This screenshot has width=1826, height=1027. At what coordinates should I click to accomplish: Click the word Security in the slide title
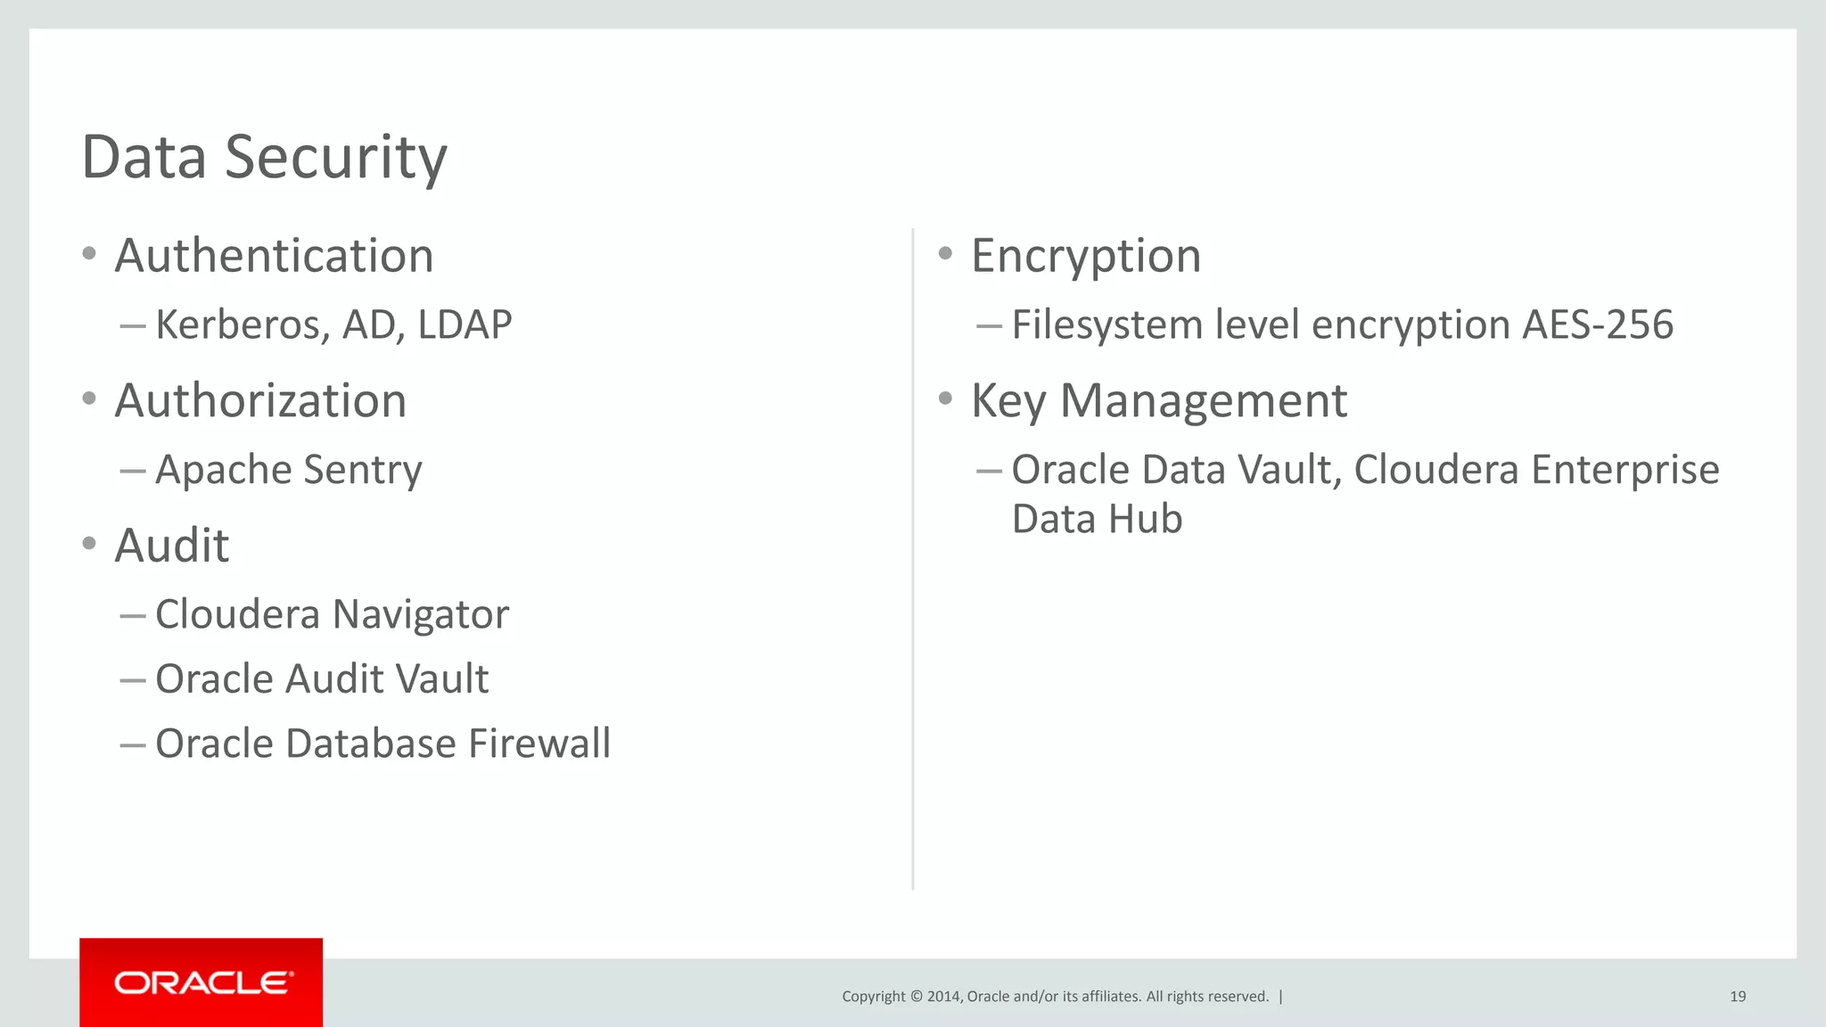tap(335, 158)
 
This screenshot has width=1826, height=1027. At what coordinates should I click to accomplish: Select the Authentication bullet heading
tap(274, 256)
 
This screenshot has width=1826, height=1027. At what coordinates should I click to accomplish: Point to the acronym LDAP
tap(465, 325)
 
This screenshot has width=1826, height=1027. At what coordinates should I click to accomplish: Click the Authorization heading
tap(260, 400)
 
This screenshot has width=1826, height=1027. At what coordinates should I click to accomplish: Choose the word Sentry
tap(362, 470)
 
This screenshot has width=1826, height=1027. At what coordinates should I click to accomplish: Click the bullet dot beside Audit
tap(89, 543)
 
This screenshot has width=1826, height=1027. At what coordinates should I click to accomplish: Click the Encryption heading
tap(1086, 256)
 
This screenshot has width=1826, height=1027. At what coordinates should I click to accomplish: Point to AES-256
tap(1598, 325)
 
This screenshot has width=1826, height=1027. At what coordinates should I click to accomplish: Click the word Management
tap(1203, 400)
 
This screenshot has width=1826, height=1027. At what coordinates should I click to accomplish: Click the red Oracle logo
tap(202, 982)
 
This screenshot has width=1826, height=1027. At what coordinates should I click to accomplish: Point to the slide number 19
tap(1738, 997)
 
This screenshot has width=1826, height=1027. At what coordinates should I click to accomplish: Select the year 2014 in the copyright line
tap(943, 997)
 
